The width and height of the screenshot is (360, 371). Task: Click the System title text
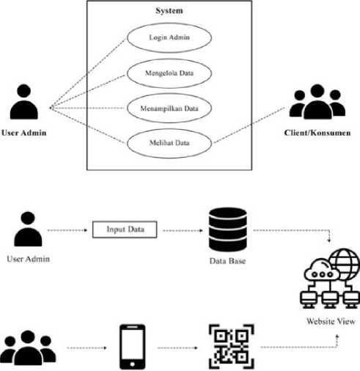click(169, 11)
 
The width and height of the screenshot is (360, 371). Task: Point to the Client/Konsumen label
click(317, 133)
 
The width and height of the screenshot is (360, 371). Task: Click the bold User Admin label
click(24, 133)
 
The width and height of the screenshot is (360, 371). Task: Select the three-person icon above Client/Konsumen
click(317, 101)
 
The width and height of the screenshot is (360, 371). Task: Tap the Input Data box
click(125, 229)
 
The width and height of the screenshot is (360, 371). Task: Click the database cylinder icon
click(227, 229)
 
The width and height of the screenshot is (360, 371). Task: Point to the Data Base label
click(227, 261)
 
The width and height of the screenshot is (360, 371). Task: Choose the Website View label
click(331, 321)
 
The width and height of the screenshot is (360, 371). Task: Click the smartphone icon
click(132, 347)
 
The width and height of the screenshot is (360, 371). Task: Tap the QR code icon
click(231, 347)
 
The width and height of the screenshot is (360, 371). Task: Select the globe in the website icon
click(345, 264)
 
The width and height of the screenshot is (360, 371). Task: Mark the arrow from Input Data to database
click(183, 230)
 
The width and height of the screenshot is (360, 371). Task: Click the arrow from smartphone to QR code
click(177, 348)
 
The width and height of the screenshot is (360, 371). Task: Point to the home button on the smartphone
click(132, 364)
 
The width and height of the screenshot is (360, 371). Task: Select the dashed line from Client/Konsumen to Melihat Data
click(249, 125)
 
